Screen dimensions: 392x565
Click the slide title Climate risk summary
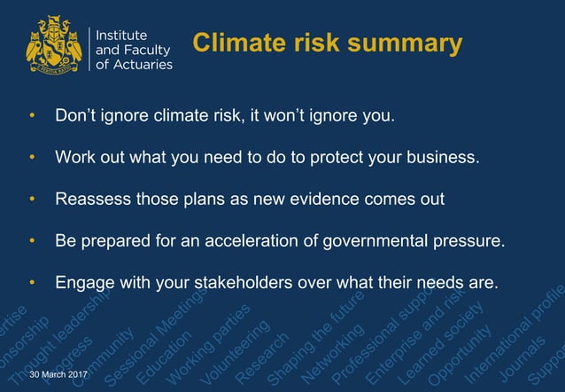[x=327, y=44]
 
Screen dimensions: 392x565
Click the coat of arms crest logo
[x=55, y=45]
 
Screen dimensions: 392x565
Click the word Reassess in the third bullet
[x=91, y=199]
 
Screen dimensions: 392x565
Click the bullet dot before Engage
[x=33, y=284]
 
